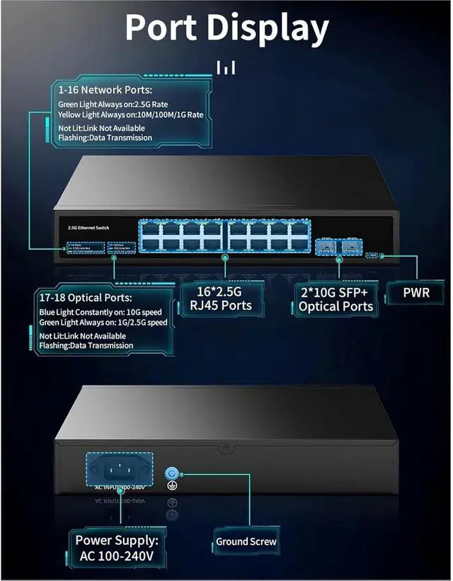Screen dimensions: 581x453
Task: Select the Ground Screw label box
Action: click(x=246, y=541)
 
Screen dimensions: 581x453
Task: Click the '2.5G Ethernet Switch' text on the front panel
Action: click(x=84, y=226)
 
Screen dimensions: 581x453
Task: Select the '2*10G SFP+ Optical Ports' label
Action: click(x=336, y=298)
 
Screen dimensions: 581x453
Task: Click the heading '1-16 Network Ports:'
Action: click(x=105, y=91)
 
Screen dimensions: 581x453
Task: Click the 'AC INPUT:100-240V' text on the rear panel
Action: click(x=120, y=488)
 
